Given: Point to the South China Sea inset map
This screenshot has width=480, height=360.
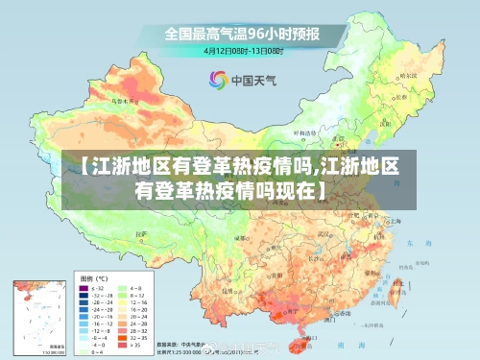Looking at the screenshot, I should [39, 318].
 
